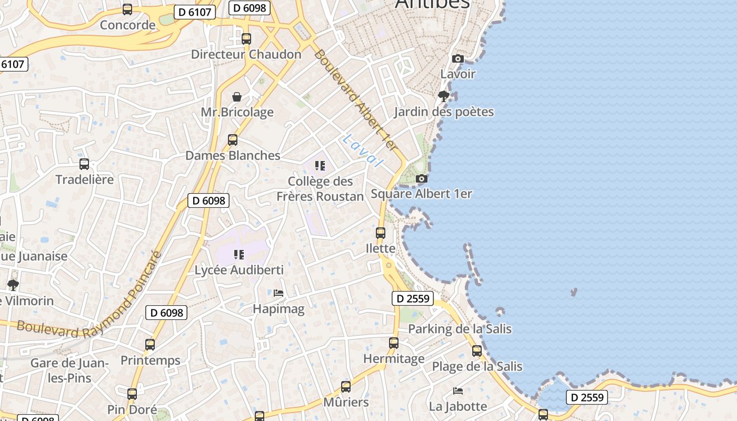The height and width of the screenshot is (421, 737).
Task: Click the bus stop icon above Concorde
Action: (x=127, y=9)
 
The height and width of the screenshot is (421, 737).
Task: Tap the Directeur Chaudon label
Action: (x=246, y=54)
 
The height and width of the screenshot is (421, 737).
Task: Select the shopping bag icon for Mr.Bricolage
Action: (x=237, y=97)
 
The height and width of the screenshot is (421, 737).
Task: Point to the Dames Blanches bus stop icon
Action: (x=233, y=140)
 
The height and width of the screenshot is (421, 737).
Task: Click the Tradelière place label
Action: (x=84, y=179)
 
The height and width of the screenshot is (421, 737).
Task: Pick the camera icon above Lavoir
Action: (x=458, y=58)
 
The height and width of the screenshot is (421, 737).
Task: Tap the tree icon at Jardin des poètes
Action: (x=444, y=96)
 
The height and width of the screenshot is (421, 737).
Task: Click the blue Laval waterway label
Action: (x=362, y=151)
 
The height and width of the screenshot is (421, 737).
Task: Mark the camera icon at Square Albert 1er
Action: (x=421, y=179)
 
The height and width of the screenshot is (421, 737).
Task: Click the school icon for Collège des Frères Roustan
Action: (x=320, y=166)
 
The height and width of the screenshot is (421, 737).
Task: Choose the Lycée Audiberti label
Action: (x=239, y=270)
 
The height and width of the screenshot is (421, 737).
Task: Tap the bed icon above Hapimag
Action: (x=278, y=293)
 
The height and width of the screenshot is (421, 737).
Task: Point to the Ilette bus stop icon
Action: (x=380, y=233)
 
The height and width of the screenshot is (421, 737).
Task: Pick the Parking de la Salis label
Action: (x=460, y=329)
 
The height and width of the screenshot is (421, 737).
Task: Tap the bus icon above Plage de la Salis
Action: (x=476, y=350)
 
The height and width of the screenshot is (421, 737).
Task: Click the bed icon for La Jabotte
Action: (x=458, y=391)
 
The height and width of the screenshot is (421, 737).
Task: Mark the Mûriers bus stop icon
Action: (x=345, y=387)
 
